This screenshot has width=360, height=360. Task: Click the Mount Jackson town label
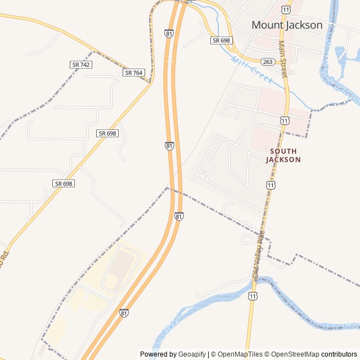pyautogui.click(x=287, y=25)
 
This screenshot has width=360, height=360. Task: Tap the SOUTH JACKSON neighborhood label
pyautogui.click(x=283, y=155)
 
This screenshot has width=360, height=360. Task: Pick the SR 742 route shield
pyautogui.click(x=81, y=65)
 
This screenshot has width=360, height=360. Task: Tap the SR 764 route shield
pyautogui.click(x=134, y=73)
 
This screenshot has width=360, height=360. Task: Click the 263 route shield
pyautogui.click(x=267, y=62)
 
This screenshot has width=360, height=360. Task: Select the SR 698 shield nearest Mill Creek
pyautogui.click(x=222, y=40)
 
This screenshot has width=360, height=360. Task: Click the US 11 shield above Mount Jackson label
pyautogui.click(x=287, y=10)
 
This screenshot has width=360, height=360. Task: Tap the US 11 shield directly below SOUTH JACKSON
pyautogui.click(x=271, y=185)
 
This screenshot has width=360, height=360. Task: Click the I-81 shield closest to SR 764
pyautogui.click(x=169, y=34)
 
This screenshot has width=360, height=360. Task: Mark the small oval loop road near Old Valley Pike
pyautogui.click(x=247, y=240)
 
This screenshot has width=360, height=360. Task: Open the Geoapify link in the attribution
pyautogui.click(x=192, y=354)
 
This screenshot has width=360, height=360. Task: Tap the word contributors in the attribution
pyautogui.click(x=339, y=354)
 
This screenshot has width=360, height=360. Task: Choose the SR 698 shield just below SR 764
pyautogui.click(x=107, y=133)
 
